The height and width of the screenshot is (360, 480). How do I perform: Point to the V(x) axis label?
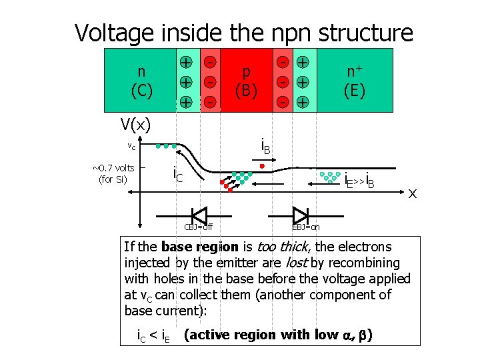pyautogui.click(x=135, y=124)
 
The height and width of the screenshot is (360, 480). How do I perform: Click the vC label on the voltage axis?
pyautogui.click(x=132, y=147)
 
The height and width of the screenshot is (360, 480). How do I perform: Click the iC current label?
pyautogui.click(x=177, y=175)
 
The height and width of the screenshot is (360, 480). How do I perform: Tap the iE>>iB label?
pyautogui.click(x=359, y=179)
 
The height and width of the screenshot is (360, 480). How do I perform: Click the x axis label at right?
pyautogui.click(x=413, y=193)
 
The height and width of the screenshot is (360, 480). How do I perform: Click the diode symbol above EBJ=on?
pyautogui.click(x=301, y=215)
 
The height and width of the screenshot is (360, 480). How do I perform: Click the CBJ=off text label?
pyautogui.click(x=198, y=227)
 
